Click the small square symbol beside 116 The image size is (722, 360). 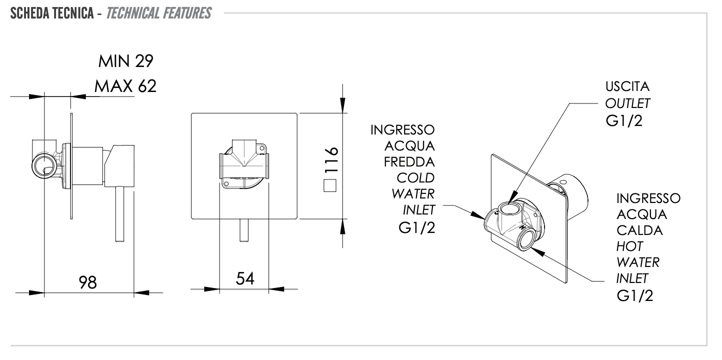[330, 186]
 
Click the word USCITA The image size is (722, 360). [627, 86]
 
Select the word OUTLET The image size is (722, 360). [627, 103]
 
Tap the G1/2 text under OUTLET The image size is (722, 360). [623, 121]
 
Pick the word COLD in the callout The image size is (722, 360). [415, 178]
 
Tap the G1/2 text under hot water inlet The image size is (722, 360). [635, 295]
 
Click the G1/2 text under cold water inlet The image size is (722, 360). [417, 227]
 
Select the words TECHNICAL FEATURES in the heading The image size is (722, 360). [158, 13]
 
